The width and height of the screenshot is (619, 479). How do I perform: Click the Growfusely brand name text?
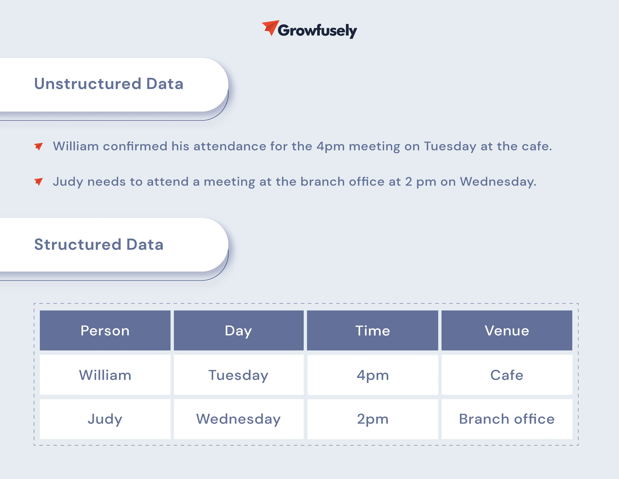[317, 31]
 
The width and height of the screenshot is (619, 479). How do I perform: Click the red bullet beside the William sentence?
[39, 146]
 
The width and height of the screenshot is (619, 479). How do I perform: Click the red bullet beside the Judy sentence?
[39, 182]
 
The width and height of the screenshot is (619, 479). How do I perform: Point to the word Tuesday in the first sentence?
[450, 147]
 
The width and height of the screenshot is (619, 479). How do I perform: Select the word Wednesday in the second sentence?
[498, 182]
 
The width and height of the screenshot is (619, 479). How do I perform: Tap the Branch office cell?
[507, 419]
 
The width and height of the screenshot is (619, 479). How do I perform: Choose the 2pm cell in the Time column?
[372, 419]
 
